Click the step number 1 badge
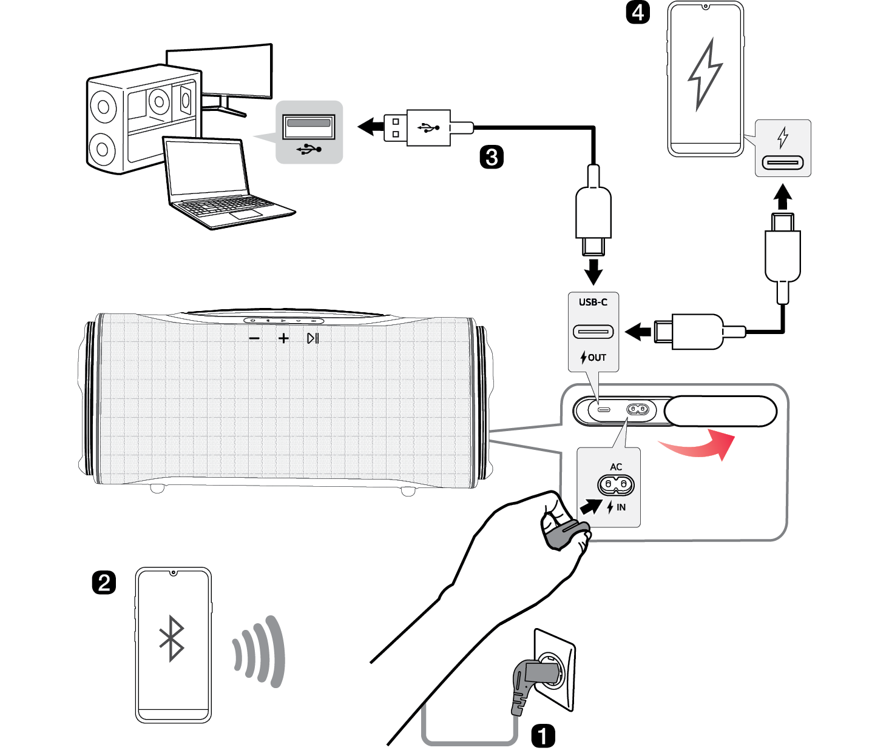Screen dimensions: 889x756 (x=543, y=735)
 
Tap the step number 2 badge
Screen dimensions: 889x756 (x=104, y=583)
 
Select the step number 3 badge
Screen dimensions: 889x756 (x=492, y=157)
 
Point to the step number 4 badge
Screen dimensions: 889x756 (x=638, y=12)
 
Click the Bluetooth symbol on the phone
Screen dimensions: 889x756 (x=172, y=638)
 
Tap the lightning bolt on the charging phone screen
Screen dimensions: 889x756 (x=705, y=75)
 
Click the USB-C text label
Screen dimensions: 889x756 (x=593, y=303)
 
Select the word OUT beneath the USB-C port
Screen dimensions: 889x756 (x=597, y=358)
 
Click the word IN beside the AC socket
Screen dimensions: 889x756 (x=621, y=507)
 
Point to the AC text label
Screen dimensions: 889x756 (x=616, y=467)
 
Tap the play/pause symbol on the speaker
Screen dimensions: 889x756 (x=313, y=339)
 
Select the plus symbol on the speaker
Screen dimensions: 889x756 (x=283, y=339)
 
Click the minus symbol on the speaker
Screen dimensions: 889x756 (x=254, y=339)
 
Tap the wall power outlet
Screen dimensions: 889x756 (x=555, y=670)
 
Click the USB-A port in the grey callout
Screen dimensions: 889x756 (x=309, y=126)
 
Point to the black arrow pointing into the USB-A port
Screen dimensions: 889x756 (x=371, y=127)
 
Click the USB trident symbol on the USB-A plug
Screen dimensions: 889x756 (x=428, y=128)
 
